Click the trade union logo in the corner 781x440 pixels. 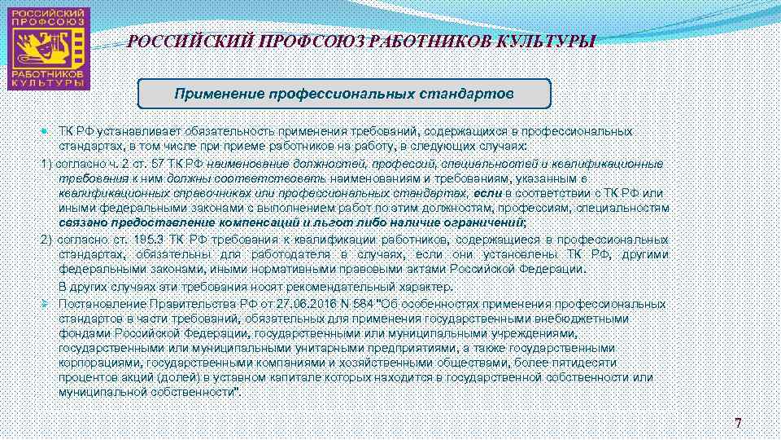click(x=48, y=48)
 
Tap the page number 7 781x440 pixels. click(x=738, y=423)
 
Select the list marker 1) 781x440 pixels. click(x=46, y=164)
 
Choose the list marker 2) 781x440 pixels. click(x=46, y=240)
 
